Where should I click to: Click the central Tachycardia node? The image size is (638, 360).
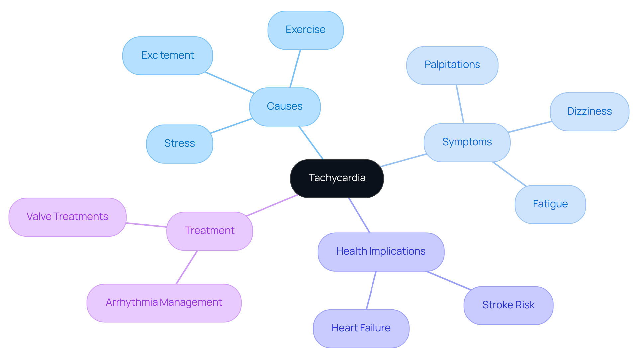coord(337,178)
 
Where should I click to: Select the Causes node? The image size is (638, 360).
coord(285,107)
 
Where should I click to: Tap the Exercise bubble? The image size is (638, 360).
coord(305,30)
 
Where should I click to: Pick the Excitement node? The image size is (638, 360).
coord(167,56)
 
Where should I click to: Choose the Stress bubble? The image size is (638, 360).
coord(179,144)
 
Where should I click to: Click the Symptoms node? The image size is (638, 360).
coord(467,142)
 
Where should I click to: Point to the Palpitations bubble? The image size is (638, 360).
coord(452,65)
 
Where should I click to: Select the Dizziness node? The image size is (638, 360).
coord(589,112)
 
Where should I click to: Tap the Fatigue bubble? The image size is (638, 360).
coord(550,204)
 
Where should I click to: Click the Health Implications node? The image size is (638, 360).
coord(381,252)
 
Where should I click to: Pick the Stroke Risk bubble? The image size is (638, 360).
coord(508,305)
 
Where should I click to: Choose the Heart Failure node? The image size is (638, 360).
coord(361,328)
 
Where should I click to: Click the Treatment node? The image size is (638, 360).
coord(210,231)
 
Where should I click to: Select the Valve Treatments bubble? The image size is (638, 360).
coord(67,217)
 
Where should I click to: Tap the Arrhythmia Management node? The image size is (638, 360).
coord(164,303)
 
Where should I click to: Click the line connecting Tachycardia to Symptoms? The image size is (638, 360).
coord(404,160)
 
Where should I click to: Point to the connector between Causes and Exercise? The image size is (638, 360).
coord(295,68)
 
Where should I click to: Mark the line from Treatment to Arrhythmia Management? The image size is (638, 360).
coord(187,267)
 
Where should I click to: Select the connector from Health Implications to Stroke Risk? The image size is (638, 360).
coord(448,280)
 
